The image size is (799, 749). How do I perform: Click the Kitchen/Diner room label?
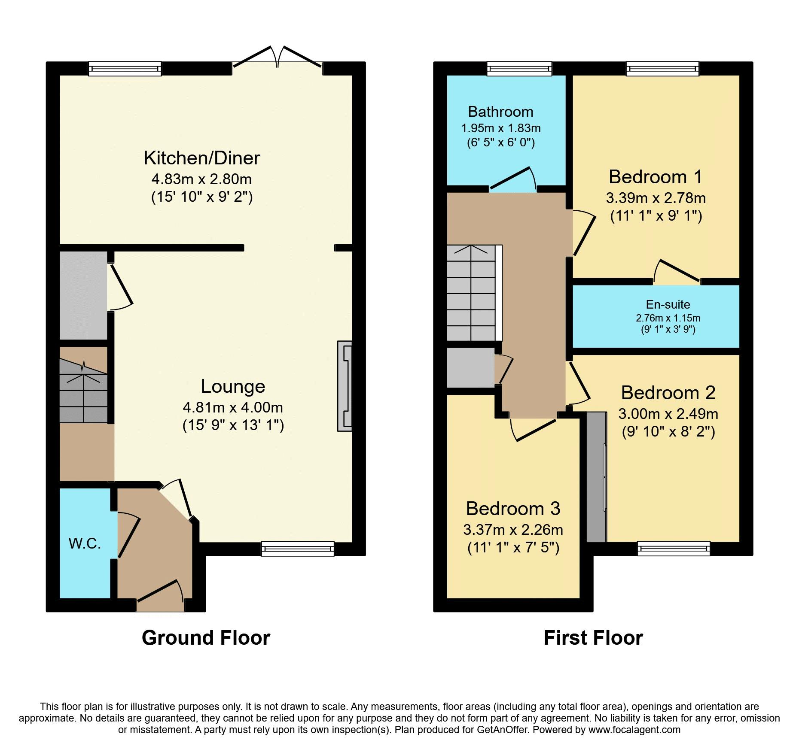tap(201, 158)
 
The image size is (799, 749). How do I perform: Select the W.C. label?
tap(85, 543)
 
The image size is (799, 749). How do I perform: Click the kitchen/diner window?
tap(125, 69)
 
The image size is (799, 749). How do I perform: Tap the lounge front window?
tap(298, 549)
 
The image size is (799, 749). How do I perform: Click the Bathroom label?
tap(500, 112)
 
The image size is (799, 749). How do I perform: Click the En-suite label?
tap(668, 304)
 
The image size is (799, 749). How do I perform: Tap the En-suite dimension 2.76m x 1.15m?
tap(668, 318)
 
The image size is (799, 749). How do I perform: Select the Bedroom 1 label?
tap(656, 177)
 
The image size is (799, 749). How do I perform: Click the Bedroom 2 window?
tap(674, 549)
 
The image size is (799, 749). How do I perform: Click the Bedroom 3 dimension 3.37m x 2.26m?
tap(513, 530)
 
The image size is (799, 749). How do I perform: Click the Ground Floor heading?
tap(206, 638)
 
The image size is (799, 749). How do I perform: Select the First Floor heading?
tap(593, 638)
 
